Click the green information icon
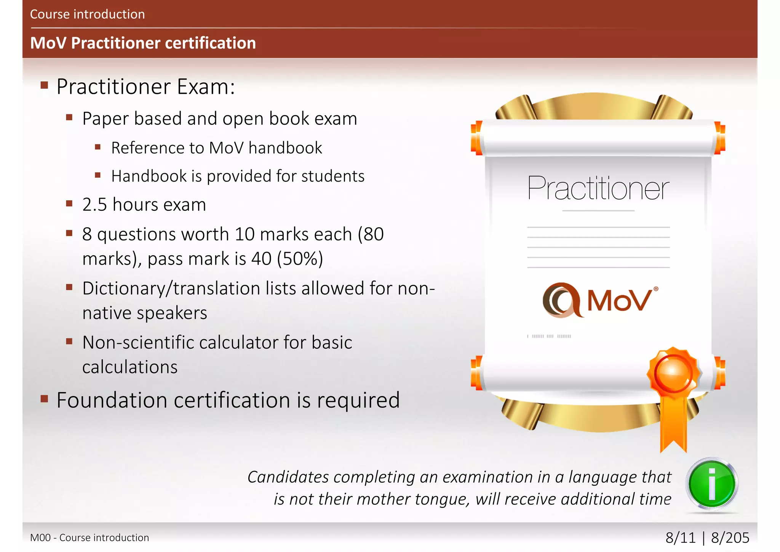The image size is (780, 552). (x=711, y=483)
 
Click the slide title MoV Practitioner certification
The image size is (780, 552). (x=143, y=43)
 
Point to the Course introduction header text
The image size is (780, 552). (x=87, y=14)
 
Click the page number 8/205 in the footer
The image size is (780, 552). (x=730, y=538)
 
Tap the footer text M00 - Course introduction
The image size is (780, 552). (x=90, y=538)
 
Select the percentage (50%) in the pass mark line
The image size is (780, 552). (x=300, y=259)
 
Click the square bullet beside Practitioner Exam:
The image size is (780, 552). (x=44, y=85)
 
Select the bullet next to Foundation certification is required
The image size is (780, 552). (x=44, y=399)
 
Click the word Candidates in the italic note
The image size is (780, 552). (x=288, y=477)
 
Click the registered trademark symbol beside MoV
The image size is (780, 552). (x=656, y=289)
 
